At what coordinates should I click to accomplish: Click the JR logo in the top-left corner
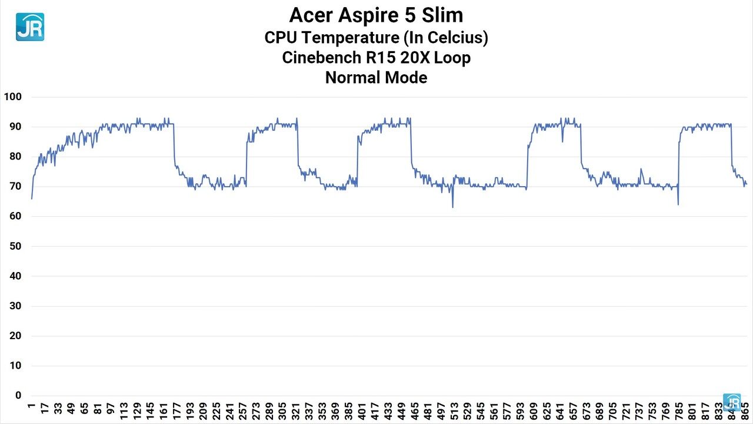(29, 26)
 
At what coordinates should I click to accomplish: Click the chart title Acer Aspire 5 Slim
(376, 14)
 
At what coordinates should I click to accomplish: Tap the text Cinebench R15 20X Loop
(376, 58)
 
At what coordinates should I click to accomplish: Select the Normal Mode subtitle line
(376, 77)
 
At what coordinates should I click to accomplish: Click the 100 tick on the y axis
(12, 97)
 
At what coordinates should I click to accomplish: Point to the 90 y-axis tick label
(15, 127)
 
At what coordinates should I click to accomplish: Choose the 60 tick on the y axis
(15, 216)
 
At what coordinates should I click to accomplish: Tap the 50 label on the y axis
(15, 246)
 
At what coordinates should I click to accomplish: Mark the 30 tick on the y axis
(15, 306)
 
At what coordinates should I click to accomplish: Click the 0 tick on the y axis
(18, 396)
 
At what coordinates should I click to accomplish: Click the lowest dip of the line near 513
(452, 207)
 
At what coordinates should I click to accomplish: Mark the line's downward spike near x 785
(678, 204)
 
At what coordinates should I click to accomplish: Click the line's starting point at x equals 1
(32, 198)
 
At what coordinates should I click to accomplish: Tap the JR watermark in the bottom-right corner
(732, 402)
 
